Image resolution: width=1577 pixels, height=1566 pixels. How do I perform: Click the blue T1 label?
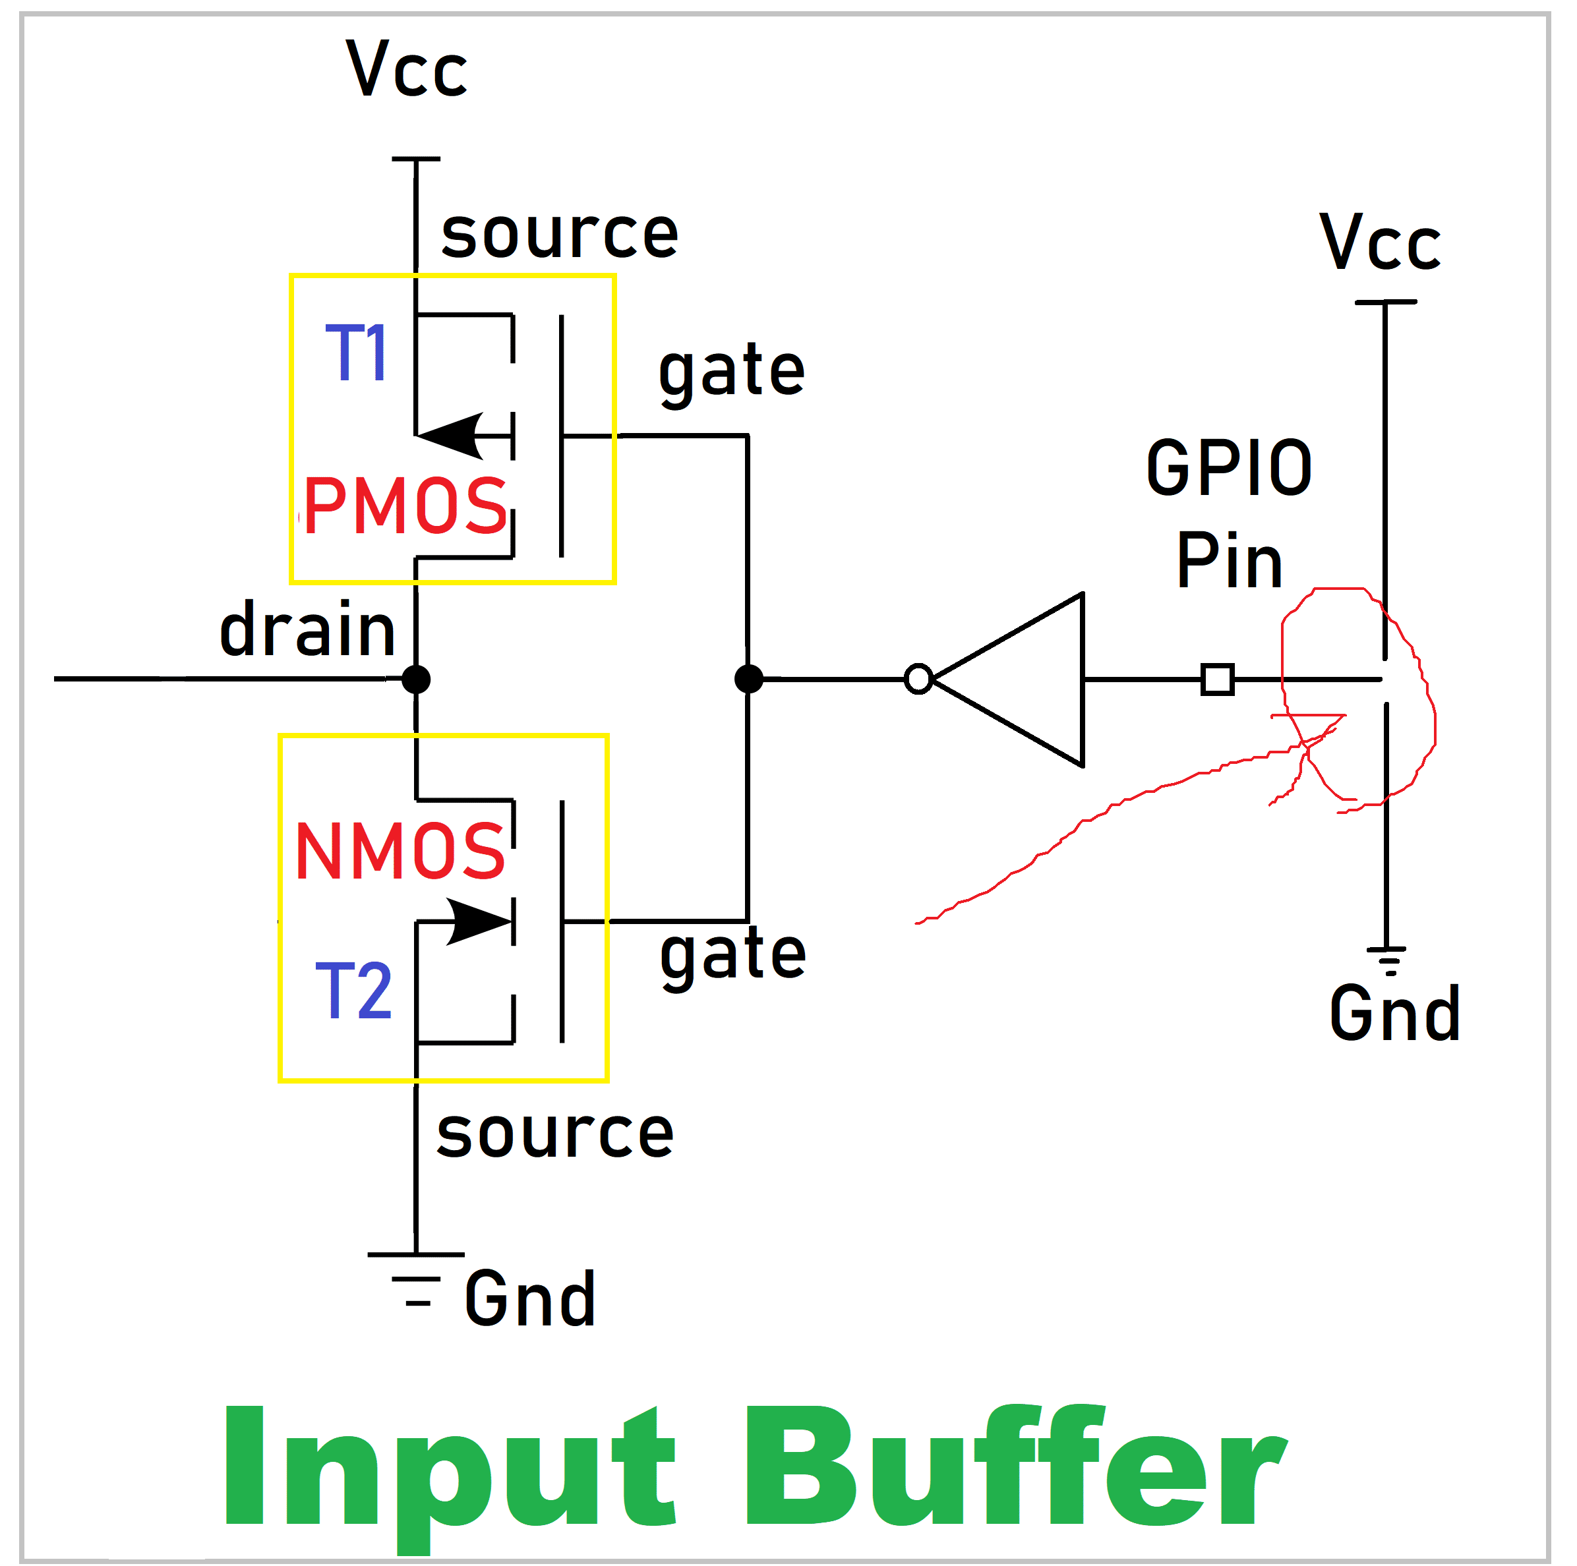point(357,353)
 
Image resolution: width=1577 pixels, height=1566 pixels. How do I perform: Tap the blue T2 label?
point(353,991)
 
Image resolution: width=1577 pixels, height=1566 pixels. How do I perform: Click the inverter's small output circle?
point(918,679)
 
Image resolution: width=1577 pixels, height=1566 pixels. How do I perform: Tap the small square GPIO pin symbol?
point(1217,679)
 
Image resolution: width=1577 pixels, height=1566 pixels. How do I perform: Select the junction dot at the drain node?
point(416,679)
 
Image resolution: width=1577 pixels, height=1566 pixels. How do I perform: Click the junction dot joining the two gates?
point(748,679)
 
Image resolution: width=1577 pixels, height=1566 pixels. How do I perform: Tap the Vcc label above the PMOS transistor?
point(407,69)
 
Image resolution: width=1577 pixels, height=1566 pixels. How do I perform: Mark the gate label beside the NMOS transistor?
point(733,956)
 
